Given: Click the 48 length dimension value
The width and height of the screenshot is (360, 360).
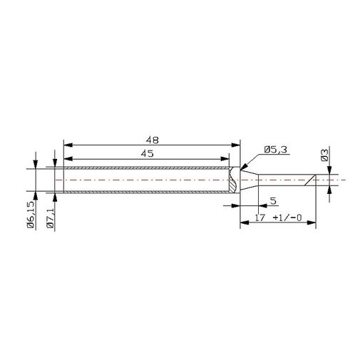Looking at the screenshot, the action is click(152, 140).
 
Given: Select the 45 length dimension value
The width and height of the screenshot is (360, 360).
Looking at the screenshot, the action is click(148, 153).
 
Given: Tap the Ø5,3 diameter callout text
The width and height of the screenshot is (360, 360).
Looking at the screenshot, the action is click(276, 150).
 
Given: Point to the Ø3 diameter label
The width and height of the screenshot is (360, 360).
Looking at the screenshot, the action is click(324, 155).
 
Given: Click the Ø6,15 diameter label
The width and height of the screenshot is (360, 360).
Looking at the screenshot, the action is click(31, 215).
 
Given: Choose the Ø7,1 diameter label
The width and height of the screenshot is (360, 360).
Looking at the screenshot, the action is click(51, 217).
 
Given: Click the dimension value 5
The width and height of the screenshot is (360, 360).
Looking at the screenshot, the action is click(274, 201).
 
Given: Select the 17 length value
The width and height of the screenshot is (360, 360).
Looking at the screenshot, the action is click(259, 217).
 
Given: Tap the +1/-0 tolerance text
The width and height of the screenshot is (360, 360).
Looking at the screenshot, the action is click(287, 217).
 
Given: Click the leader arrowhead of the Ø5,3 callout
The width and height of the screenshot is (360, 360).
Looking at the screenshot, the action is click(244, 167).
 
